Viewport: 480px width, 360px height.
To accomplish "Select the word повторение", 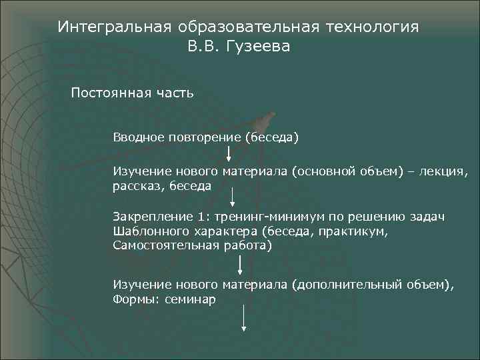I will click(x=203, y=137).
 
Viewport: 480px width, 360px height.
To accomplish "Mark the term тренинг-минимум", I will click(x=257, y=218).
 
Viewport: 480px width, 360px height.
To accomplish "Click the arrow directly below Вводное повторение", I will click(x=229, y=153).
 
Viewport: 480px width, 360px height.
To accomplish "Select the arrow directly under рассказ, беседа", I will click(x=233, y=198).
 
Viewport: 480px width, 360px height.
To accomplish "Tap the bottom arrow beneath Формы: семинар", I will click(x=245, y=318).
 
